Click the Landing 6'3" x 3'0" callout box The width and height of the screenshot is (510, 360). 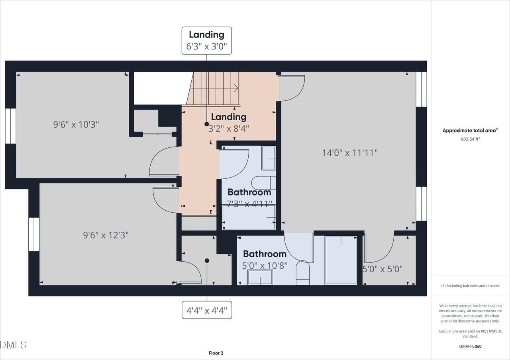(206, 41)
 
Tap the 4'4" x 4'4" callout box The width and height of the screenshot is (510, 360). (207, 310)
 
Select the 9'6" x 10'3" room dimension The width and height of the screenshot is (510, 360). (76, 124)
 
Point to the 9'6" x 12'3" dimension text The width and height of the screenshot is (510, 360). (106, 235)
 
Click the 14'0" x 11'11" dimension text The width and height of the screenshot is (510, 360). (350, 152)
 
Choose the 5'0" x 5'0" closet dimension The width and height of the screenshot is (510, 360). (382, 269)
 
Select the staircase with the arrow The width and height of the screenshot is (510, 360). (213, 88)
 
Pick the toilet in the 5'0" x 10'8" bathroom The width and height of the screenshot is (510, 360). (303, 273)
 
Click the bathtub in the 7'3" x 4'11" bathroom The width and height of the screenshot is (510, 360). (249, 217)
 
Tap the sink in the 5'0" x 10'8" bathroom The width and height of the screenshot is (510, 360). (260, 277)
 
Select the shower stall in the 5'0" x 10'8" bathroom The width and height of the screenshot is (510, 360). (341, 260)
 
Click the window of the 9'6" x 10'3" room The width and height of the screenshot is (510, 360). (11, 125)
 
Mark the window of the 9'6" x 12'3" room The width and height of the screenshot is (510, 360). (34, 234)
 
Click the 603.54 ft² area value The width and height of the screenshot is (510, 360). (470, 139)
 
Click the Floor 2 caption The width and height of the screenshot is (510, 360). (216, 353)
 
